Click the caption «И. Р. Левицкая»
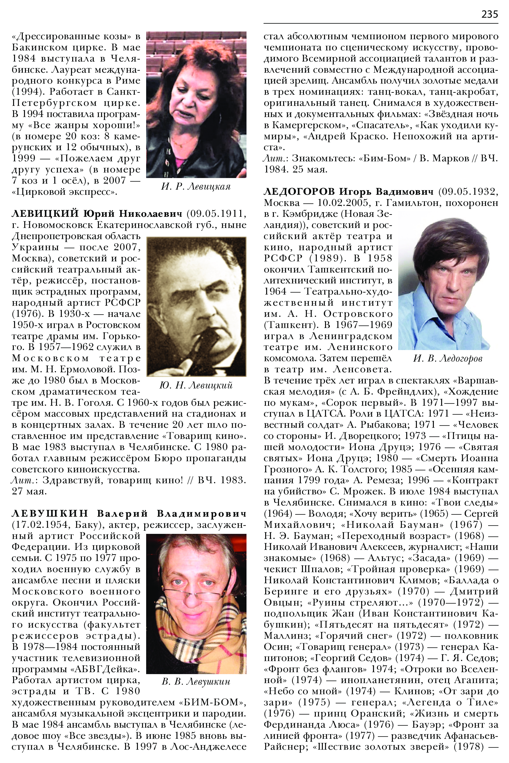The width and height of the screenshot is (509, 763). pos(196,187)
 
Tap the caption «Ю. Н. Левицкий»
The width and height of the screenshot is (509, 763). pos(196,385)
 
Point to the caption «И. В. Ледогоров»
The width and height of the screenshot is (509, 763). pos(448,358)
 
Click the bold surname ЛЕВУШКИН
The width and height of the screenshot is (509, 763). pos(50,514)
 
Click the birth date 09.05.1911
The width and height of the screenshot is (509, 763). pos(215,214)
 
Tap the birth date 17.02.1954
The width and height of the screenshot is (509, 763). pos(40,525)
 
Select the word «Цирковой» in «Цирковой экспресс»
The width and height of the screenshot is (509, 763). pos(40,192)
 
